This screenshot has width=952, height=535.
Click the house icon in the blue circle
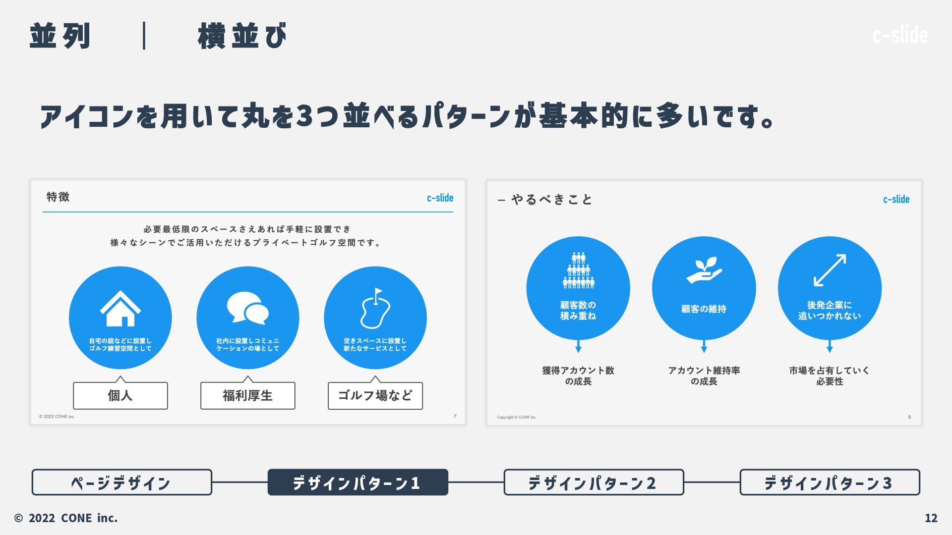point(120,309)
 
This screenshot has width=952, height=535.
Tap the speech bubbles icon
point(248,308)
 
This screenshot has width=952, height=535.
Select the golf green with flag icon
point(375,309)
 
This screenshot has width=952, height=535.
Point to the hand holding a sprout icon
point(704,270)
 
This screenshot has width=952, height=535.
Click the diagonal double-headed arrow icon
point(830,270)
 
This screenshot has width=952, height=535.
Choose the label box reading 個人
point(120,395)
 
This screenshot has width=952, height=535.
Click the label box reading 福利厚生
point(248,395)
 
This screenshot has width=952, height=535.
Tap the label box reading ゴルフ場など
point(375,395)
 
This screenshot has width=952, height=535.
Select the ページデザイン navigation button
point(122,482)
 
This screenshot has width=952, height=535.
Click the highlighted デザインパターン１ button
point(357,482)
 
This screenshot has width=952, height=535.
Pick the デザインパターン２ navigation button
point(594,482)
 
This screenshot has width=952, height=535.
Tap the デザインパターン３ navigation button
point(830,482)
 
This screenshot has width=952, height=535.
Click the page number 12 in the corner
point(931,518)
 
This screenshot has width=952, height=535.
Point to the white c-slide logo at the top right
point(900,35)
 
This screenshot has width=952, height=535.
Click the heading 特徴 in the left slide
point(58,197)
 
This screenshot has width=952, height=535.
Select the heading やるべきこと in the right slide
point(551,200)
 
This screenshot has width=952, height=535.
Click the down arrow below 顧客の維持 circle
point(704,347)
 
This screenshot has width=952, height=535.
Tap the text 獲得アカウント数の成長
point(578,376)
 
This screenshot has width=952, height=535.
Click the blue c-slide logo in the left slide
point(440,198)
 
